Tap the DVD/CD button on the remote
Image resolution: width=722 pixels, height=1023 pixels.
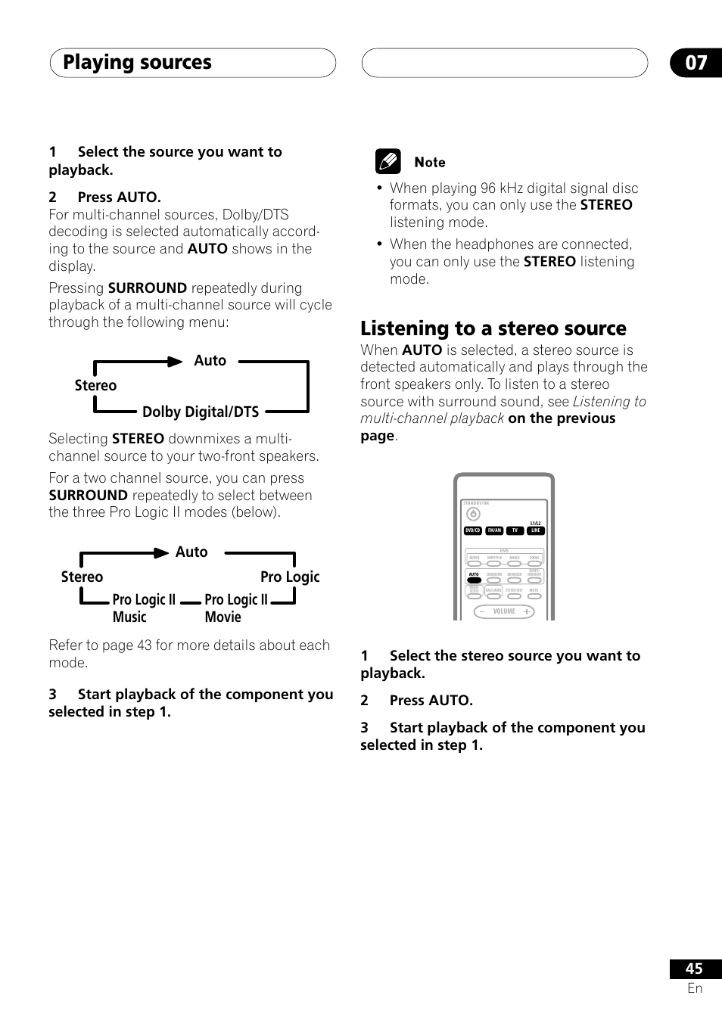pos(473,530)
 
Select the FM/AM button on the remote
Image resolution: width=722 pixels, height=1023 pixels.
pos(494,530)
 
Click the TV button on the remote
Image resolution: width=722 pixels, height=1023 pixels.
pos(515,530)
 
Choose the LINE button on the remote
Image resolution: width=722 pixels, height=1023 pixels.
pos(535,530)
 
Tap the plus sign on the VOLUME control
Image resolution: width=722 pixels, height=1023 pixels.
pos(526,611)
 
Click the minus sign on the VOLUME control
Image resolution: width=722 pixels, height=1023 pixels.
pos(482,611)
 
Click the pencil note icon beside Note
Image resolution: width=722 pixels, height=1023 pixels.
pos(387,162)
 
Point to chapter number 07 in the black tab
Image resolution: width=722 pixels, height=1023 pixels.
pos(696,63)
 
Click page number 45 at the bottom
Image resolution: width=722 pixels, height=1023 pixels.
pos(694,969)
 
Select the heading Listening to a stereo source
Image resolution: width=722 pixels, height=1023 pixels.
pos(493,328)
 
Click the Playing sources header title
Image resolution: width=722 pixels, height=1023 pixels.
pos(137,63)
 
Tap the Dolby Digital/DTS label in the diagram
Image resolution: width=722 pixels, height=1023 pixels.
pos(201,412)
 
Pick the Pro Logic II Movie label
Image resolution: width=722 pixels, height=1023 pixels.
pos(235,608)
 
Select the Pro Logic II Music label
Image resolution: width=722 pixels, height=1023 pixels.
pos(144,608)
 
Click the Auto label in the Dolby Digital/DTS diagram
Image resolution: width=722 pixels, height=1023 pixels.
pos(210,361)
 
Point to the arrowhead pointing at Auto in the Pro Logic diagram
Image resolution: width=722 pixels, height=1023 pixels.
pos(161,553)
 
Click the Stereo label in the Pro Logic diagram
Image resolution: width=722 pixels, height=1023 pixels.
pos(82,577)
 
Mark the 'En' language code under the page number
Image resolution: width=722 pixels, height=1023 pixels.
pos(695,988)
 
